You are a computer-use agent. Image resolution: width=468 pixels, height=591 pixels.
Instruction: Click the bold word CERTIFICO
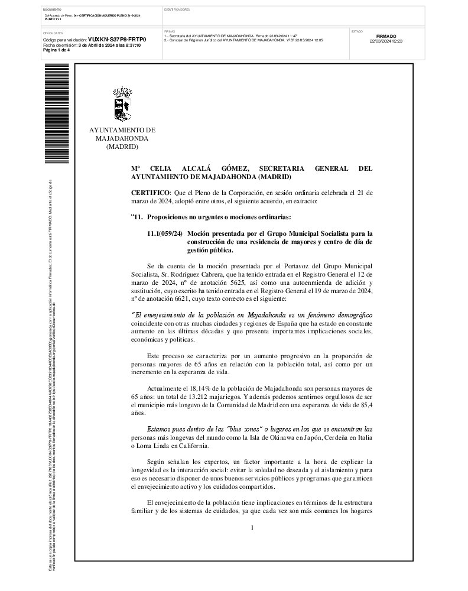point(150,193)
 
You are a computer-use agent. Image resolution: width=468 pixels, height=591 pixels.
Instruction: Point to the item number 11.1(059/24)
point(165,234)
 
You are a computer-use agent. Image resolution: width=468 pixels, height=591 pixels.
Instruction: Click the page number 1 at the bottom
point(252,527)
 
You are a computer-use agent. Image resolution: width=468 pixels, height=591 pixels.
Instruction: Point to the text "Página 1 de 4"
point(57,50)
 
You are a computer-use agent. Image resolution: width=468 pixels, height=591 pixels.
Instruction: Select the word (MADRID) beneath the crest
point(122,147)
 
